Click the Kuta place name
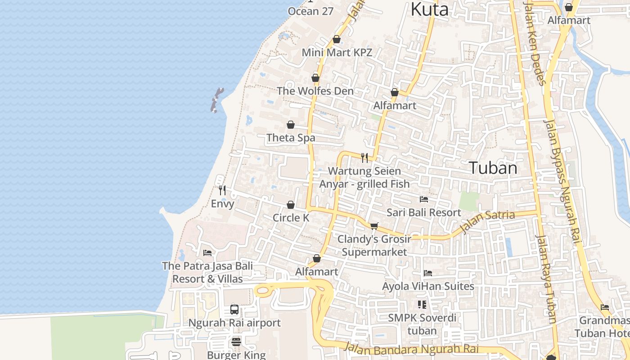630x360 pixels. point(430,9)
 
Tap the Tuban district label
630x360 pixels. point(493,168)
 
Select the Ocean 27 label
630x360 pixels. point(310,11)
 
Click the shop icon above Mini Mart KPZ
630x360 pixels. point(336,40)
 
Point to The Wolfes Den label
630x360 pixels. point(315,91)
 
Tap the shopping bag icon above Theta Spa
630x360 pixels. point(291,125)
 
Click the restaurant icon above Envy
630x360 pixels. point(222,190)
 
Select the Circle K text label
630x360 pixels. point(291,218)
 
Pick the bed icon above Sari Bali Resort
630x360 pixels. point(423,199)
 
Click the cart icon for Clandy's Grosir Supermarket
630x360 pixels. point(374,226)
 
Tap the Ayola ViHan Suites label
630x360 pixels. point(428,286)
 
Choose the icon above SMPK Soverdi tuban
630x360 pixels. point(422,305)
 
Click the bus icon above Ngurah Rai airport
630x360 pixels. point(234,310)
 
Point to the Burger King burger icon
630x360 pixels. point(236,342)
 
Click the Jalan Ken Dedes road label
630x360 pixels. point(535,43)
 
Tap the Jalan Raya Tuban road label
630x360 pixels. point(546,279)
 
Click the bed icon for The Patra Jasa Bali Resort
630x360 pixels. point(207,253)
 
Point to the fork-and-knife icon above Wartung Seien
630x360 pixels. point(364,157)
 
